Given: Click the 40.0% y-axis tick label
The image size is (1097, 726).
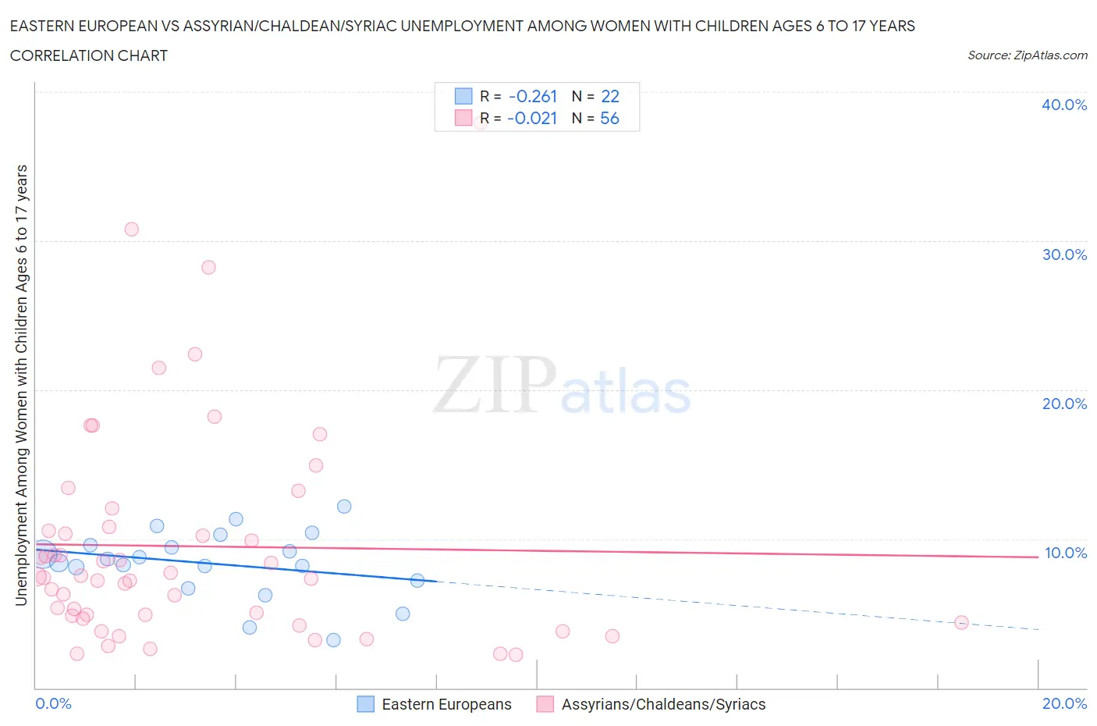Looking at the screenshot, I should click(x=1064, y=105).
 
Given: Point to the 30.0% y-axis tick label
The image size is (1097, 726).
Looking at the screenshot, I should click(x=1064, y=254).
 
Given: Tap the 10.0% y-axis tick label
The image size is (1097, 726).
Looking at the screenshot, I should click(x=1065, y=553).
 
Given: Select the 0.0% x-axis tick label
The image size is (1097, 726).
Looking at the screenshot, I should click(x=53, y=703).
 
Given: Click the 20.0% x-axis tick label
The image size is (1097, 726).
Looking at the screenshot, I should click(x=1064, y=703).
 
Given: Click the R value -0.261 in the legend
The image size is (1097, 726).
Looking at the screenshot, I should click(x=533, y=96).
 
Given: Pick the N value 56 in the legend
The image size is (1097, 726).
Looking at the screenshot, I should click(x=609, y=118).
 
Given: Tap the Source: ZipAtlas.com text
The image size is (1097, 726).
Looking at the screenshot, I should click(x=1027, y=55).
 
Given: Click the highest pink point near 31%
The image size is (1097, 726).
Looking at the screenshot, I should click(x=131, y=230).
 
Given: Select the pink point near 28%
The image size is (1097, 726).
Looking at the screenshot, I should click(x=208, y=267).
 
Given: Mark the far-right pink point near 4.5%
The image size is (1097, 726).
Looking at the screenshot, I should click(x=961, y=622).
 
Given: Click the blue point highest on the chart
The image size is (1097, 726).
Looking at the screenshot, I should click(x=344, y=507).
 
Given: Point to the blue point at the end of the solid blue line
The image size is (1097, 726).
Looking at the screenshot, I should click(x=417, y=580).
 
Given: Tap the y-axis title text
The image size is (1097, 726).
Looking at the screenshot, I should click(x=21, y=385).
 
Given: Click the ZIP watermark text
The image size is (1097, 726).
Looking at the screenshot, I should click(x=493, y=385).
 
